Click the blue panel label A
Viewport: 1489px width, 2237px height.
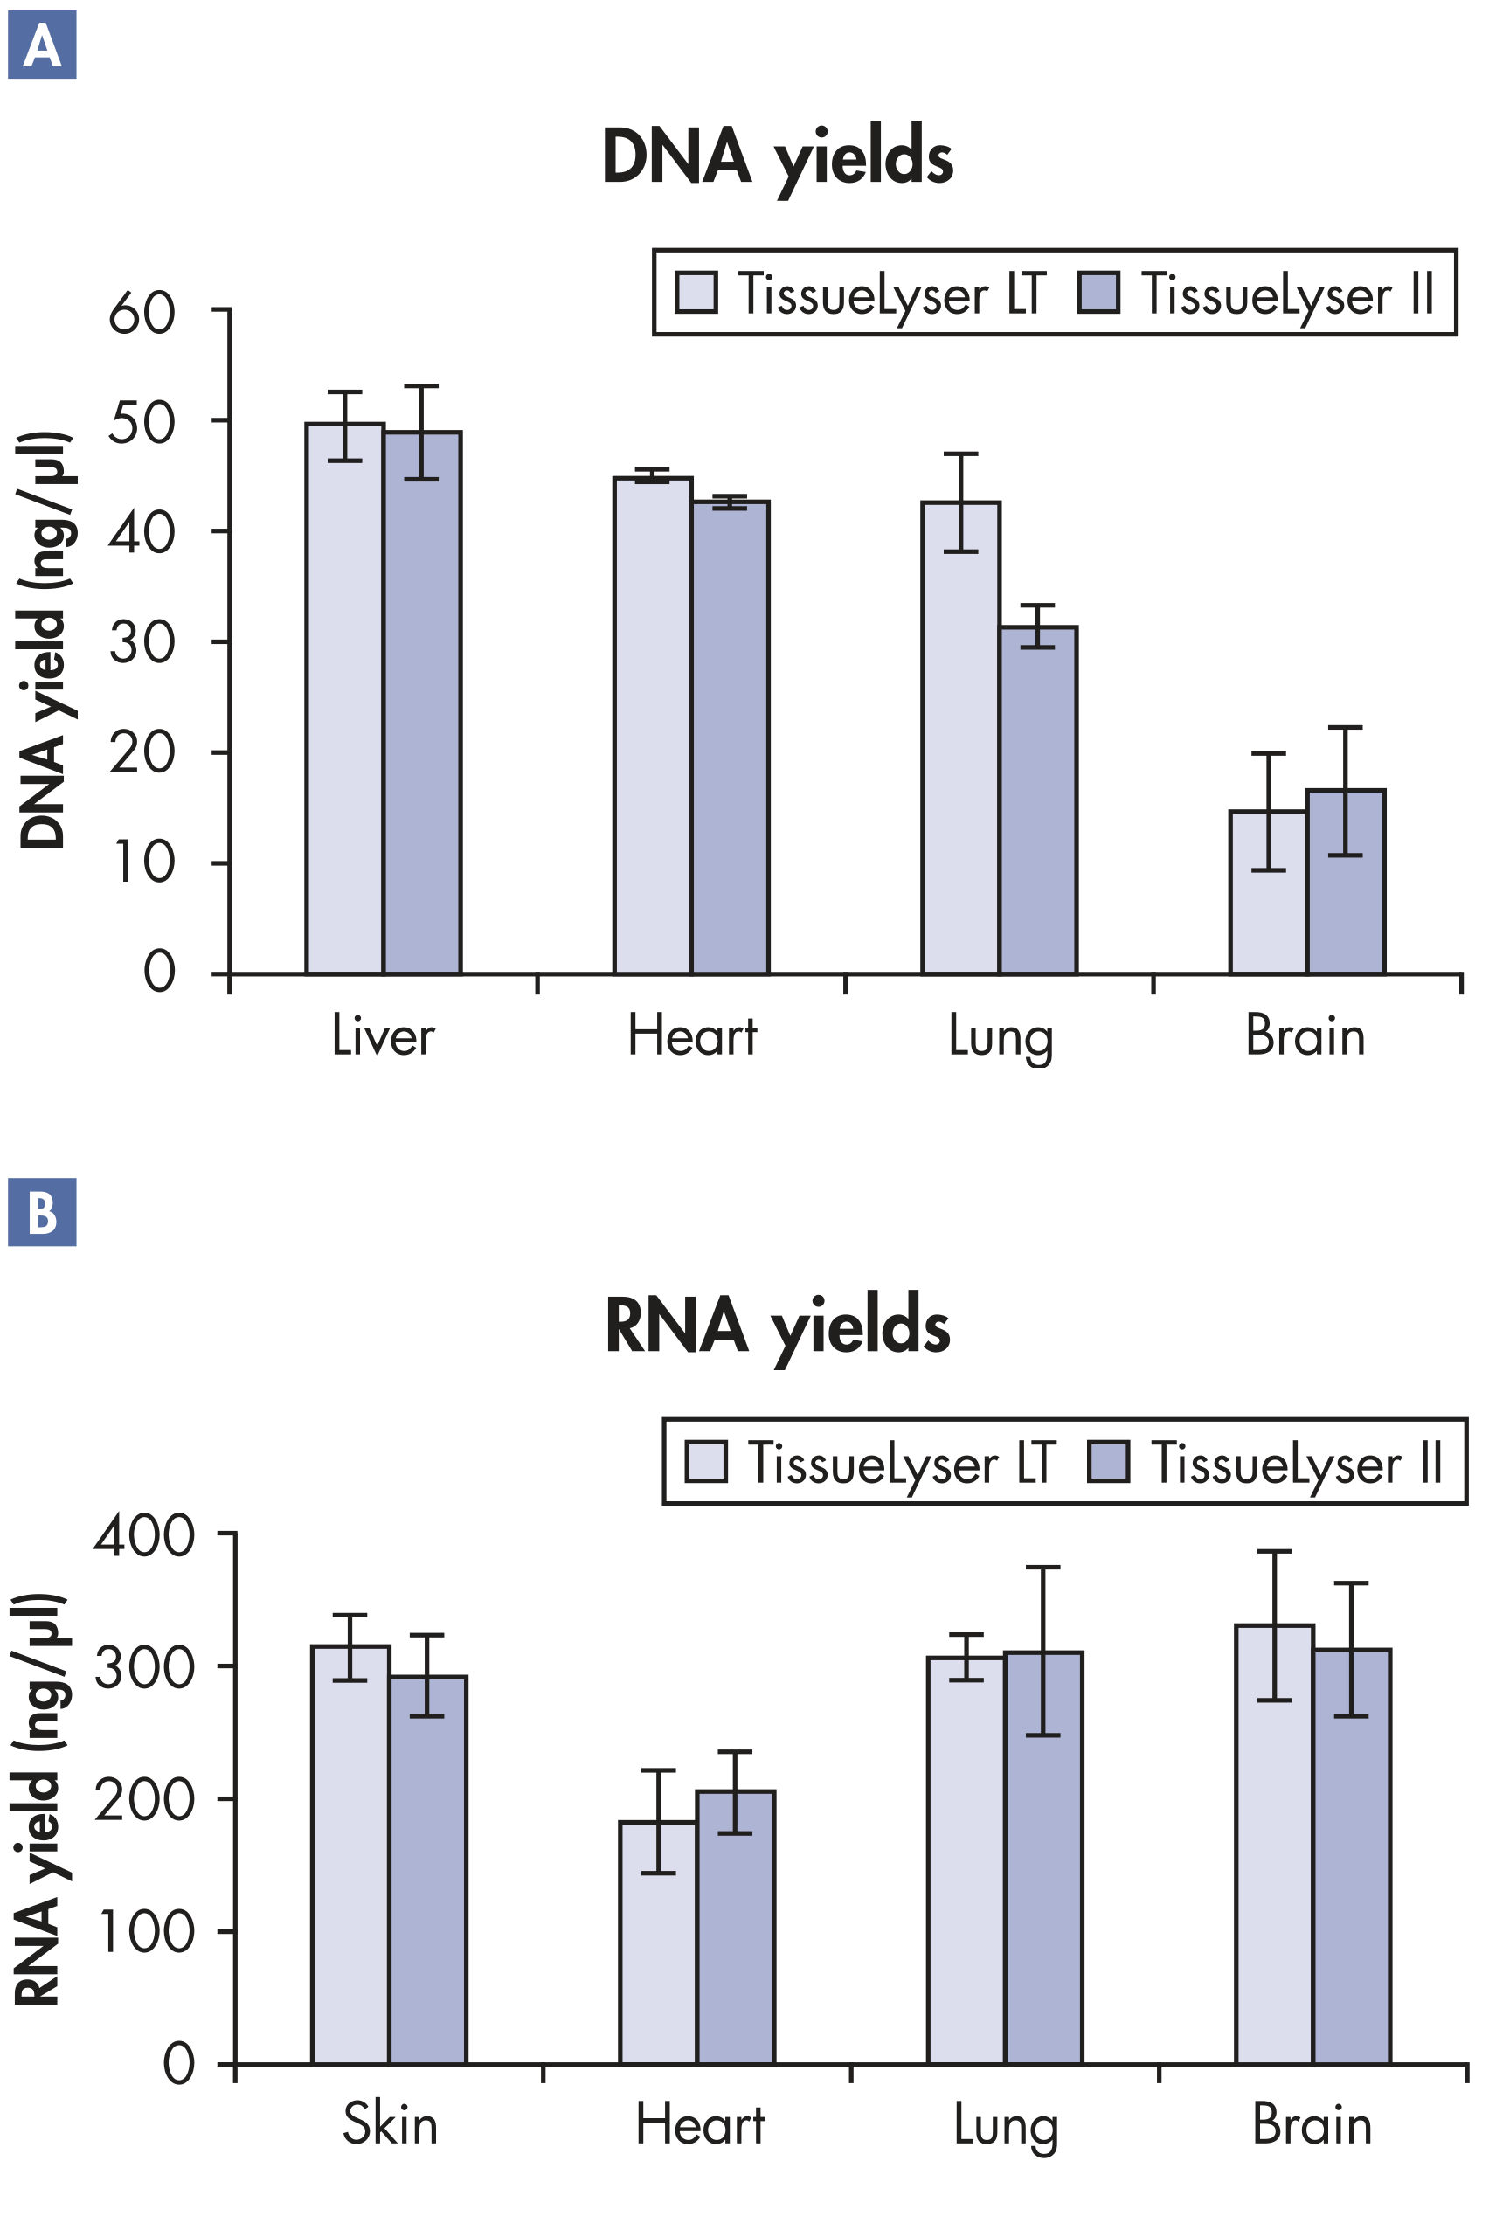coord(42,45)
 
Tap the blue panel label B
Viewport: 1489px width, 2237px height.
coord(42,1213)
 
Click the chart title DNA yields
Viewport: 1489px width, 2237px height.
coord(777,157)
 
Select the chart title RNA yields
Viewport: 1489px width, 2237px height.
coord(777,1326)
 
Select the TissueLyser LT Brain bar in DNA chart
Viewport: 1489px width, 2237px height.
coord(1268,891)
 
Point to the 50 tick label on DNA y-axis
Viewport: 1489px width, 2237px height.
coord(142,424)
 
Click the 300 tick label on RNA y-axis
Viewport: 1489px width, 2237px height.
coord(144,1667)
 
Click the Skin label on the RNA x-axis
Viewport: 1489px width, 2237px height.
coord(390,2125)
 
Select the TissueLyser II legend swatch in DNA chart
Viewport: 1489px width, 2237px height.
coord(1098,293)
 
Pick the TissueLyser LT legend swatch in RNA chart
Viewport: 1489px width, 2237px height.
coord(705,1461)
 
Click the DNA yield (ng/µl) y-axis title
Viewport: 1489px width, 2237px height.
coord(44,641)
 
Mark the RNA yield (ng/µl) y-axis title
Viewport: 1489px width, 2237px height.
coord(38,1799)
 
